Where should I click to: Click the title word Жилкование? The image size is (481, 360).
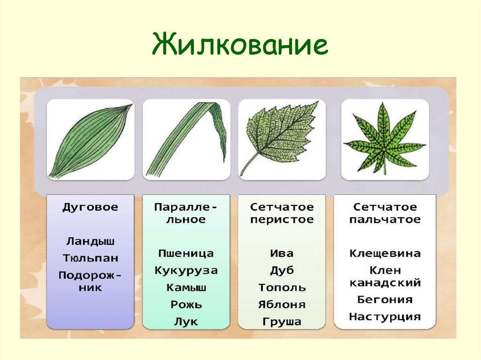coord(240,45)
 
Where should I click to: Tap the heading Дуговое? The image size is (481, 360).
coord(90,207)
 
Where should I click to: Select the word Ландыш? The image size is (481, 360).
coord(90,241)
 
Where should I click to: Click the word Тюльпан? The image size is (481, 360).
coord(91,258)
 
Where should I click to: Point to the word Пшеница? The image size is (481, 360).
coord(186,253)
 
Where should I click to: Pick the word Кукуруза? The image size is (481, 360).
coord(186,271)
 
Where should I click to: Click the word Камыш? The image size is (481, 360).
coord(186,288)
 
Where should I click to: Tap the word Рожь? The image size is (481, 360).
coord(186,305)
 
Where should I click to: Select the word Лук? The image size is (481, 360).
coord(186,322)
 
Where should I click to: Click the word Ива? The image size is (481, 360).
coord(282,253)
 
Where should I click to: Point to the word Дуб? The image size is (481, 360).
coord(282,271)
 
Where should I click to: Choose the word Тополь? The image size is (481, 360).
coord(282,288)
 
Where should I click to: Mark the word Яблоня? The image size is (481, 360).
coord(282,305)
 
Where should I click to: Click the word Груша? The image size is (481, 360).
coord(282,322)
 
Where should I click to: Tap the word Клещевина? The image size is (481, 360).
coord(385,253)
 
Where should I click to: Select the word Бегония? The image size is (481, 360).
coord(385,299)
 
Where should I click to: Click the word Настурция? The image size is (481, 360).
coord(385,317)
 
